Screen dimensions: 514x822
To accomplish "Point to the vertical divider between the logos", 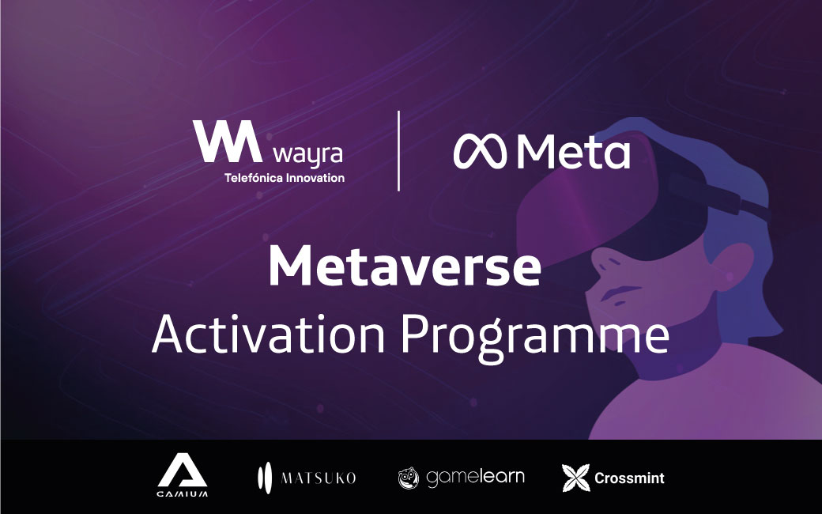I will tap(398, 150).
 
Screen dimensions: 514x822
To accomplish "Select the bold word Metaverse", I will tap(404, 267).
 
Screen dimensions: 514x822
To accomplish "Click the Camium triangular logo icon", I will tap(182, 472).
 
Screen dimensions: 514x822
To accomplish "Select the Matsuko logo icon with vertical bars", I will tap(264, 477).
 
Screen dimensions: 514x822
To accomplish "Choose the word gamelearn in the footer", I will tap(475, 477).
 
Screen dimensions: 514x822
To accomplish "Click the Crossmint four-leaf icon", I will tap(575, 478).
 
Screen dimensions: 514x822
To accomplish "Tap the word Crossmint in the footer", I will tap(629, 478).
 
